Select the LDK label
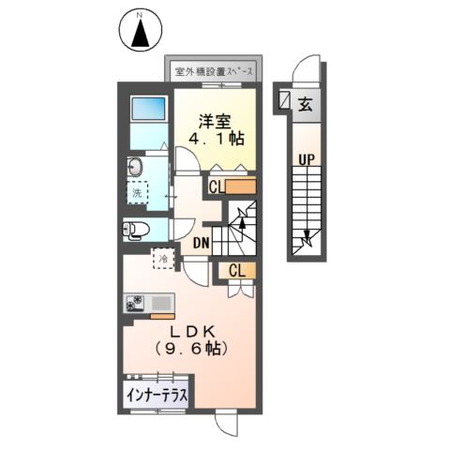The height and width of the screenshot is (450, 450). tap(195, 331)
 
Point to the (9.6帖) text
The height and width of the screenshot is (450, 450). tap(195, 348)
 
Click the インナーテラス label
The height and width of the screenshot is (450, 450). tap(157, 396)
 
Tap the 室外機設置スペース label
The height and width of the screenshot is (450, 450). tap(217, 71)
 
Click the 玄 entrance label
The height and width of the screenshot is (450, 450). tap(306, 104)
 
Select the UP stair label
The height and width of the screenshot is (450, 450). tap(306, 159)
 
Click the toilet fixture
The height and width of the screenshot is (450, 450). tap(136, 230)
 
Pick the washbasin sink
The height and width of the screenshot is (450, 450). tap(134, 168)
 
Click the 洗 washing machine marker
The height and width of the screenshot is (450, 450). tap(137, 198)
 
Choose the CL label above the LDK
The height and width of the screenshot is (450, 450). tap(237, 271)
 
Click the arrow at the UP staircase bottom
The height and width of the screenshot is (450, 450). tap(307, 244)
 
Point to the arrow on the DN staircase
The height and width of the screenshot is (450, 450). tap(243, 223)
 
